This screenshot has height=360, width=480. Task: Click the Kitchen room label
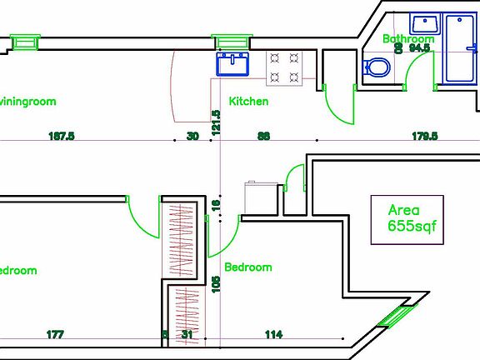248,101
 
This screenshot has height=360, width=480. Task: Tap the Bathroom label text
408,38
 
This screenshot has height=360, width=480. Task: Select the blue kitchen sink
233,63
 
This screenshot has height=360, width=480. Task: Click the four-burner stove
283,67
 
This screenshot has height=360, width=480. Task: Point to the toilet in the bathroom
377,67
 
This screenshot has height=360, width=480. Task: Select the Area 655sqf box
407,219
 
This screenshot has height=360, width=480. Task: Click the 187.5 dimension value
62,136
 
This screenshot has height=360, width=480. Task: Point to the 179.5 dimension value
423,136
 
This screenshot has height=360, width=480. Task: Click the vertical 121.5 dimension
216,122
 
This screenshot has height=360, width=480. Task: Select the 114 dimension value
272,334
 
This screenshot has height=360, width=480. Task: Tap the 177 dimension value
55,334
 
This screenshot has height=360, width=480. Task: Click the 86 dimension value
263,136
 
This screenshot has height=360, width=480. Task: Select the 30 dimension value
192,136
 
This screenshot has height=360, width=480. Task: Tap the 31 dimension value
187,334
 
